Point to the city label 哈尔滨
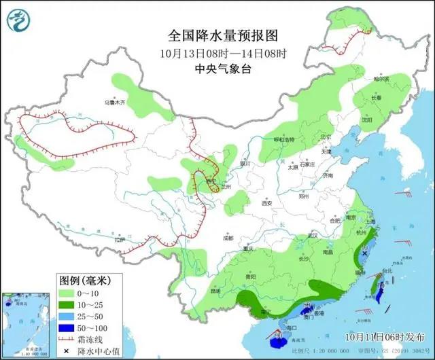[383, 79]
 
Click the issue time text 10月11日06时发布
[384, 336]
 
